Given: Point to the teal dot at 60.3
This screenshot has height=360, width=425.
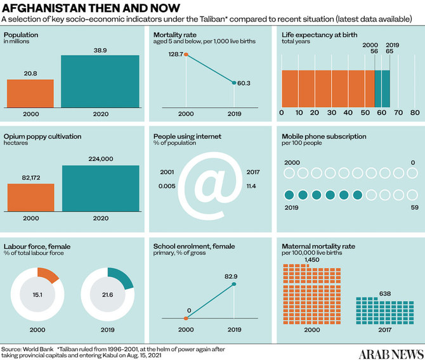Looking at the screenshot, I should (x=234, y=83).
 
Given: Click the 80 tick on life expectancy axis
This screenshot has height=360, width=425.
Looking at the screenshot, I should (x=415, y=113).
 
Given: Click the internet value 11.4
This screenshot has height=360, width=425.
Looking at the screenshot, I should (x=252, y=186).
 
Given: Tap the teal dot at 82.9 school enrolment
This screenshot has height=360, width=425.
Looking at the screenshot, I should (x=234, y=283).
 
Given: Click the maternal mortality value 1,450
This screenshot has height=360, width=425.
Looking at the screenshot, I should (x=311, y=260).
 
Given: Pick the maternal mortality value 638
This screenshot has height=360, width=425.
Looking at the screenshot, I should (x=367, y=293).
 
